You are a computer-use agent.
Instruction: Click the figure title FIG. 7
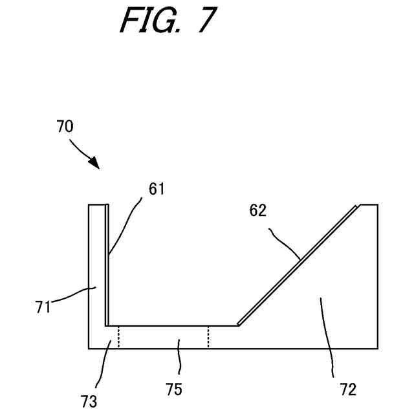point(166,21)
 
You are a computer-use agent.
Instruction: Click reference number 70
point(65,127)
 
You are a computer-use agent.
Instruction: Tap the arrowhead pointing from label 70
point(96,165)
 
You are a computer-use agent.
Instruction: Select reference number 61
point(157,189)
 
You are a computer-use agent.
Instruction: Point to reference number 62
point(258,210)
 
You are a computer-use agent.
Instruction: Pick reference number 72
point(347,389)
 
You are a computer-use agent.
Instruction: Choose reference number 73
point(89,400)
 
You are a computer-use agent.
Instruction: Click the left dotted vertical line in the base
point(118,336)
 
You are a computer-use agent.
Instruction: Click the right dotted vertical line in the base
point(208,336)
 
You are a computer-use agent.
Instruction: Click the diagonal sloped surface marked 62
point(298,265)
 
